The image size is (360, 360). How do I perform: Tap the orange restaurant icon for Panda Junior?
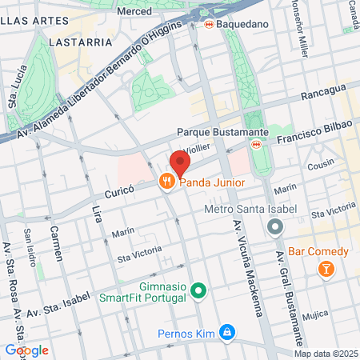(166, 182)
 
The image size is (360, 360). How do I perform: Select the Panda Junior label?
(211, 182)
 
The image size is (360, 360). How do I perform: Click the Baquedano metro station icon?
(209, 25)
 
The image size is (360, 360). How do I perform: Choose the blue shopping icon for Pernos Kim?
(227, 330)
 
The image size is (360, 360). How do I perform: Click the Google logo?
(26, 350)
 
